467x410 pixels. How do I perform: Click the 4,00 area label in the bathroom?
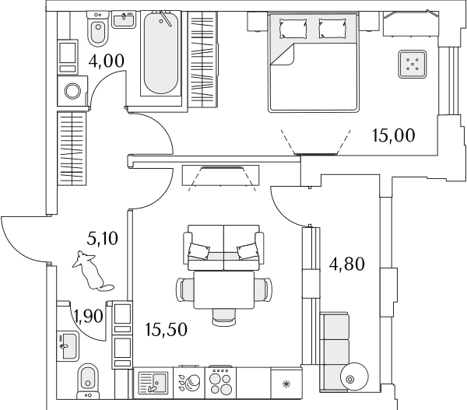coord(106,61)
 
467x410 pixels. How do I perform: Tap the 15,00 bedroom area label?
coord(393,135)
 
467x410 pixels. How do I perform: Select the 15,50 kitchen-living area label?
coord(167,329)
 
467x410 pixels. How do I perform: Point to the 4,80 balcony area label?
coord(346,264)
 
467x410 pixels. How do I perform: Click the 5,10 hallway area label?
coord(103,239)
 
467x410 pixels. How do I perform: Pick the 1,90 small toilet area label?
coord(89,316)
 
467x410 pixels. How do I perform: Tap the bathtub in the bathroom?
coord(161,54)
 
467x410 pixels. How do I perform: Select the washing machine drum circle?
coord(72,91)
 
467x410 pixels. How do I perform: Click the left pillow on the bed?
coord(293,28)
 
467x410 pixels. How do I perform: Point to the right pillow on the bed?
coord(332,28)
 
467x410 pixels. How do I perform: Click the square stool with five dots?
coord(413,64)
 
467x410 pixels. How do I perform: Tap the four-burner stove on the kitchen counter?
coord(220,383)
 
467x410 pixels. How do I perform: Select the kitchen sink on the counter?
coord(153,383)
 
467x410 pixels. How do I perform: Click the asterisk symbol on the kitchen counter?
coord(286,384)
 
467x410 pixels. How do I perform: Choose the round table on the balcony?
coord(354,377)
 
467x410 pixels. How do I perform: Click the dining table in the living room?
coord(224,289)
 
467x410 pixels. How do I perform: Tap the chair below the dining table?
coord(224,317)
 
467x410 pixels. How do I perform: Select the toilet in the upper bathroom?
coord(98,29)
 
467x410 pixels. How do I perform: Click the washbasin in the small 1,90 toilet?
coord(68,346)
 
